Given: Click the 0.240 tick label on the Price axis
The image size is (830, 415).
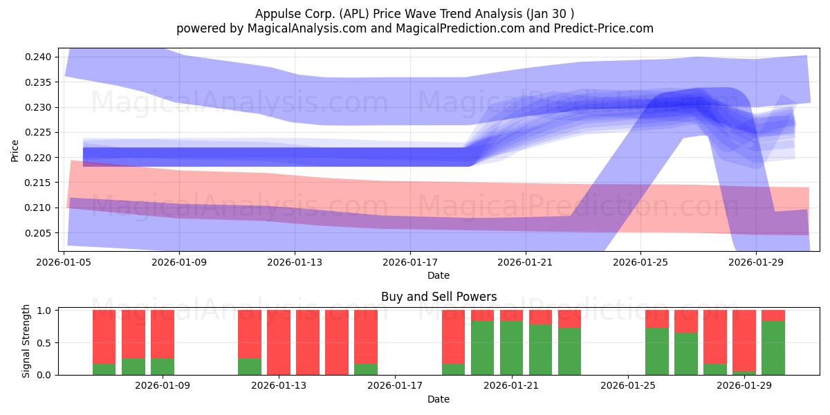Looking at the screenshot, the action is click(x=38, y=57).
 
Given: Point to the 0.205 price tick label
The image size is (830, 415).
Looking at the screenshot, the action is click(x=38, y=233).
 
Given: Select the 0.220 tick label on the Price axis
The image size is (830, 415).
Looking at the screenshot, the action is click(x=38, y=158).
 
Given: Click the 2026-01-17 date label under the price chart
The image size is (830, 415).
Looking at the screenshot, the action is click(x=410, y=262).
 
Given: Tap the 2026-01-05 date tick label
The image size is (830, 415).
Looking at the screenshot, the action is click(x=64, y=262).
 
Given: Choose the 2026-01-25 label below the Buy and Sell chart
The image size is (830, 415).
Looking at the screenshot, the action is click(x=628, y=386).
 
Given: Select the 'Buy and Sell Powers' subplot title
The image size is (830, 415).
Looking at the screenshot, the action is click(x=439, y=297).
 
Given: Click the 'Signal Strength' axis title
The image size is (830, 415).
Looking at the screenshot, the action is click(x=26, y=341).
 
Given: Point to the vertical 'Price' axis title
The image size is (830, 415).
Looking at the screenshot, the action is click(x=15, y=151).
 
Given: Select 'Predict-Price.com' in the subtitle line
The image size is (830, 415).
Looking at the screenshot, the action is click(x=604, y=28).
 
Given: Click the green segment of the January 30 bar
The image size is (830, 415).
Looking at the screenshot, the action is click(x=773, y=348).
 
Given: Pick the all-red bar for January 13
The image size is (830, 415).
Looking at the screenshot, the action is click(x=279, y=342).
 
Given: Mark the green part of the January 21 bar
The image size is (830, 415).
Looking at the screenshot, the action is click(x=511, y=348).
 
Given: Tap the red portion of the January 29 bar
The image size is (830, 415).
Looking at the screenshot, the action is click(x=744, y=340).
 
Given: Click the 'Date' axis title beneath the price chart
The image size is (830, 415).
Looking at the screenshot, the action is click(x=439, y=276).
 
